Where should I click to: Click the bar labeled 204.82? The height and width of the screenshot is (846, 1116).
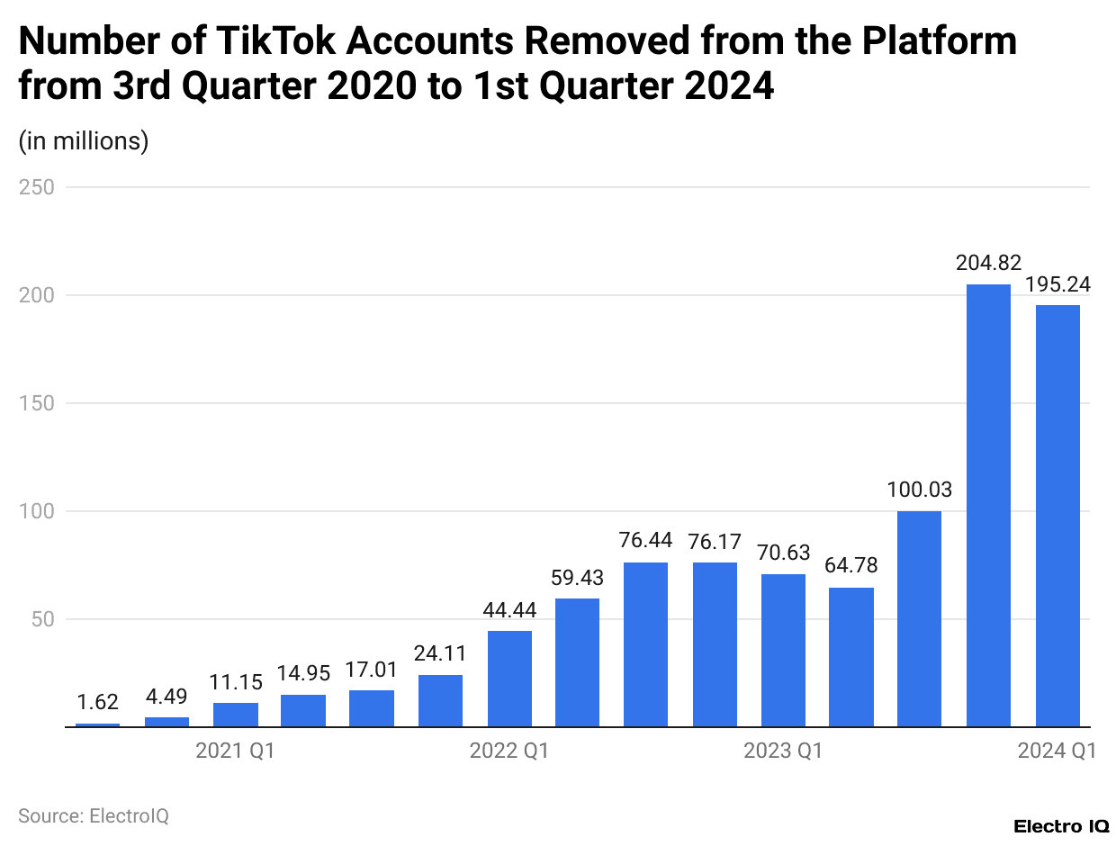point(988,505)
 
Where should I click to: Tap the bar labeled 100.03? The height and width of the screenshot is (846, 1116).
point(920,618)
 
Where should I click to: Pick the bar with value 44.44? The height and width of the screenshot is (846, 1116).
point(509,679)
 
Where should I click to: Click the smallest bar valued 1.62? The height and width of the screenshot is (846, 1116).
point(97,724)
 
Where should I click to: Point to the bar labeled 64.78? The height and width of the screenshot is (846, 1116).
point(851,657)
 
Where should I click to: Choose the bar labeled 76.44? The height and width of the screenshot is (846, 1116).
point(645,644)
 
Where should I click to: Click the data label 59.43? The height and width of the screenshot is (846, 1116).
point(578,578)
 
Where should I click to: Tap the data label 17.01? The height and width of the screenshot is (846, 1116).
point(372,670)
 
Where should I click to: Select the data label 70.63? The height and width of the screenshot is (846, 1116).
point(783,553)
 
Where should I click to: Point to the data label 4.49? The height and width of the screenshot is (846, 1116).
point(166,696)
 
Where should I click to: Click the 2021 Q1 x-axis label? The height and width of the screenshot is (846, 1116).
point(235,751)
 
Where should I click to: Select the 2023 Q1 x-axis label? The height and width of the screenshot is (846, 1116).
point(783,751)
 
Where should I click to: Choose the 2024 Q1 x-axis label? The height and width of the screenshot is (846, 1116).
point(1057,751)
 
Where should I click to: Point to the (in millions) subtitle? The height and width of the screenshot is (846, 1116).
point(84,140)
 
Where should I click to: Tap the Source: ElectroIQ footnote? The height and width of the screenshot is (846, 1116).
point(94,816)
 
